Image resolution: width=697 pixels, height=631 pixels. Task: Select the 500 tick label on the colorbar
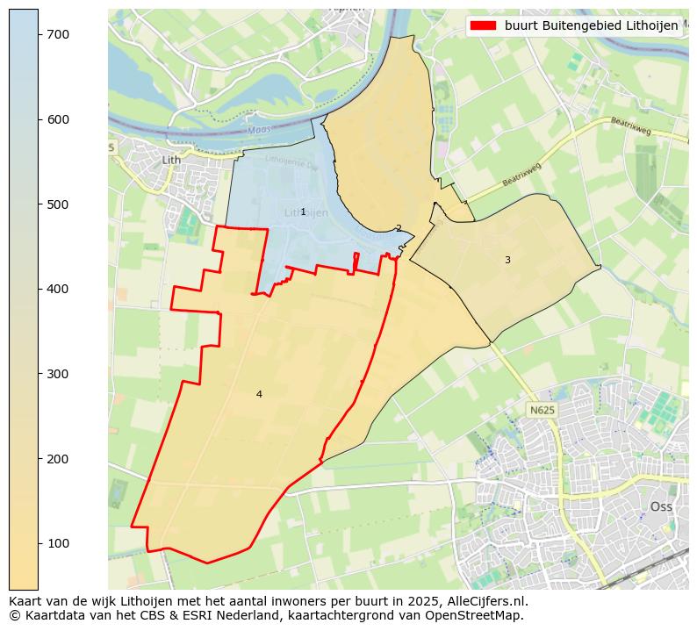57,204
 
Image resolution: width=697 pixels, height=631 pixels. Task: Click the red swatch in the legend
483,26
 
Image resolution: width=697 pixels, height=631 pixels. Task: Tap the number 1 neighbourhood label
303,212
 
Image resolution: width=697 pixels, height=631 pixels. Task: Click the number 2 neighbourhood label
399,228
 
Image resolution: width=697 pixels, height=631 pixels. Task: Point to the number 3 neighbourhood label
507,260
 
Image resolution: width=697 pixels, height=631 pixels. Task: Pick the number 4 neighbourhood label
259,394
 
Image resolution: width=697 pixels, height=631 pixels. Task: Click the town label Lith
171,160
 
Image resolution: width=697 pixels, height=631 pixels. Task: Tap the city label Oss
661,506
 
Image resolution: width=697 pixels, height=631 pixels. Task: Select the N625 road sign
542,410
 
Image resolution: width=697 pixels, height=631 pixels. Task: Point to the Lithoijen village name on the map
306,213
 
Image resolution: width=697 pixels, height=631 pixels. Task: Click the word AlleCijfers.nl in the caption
487,601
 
